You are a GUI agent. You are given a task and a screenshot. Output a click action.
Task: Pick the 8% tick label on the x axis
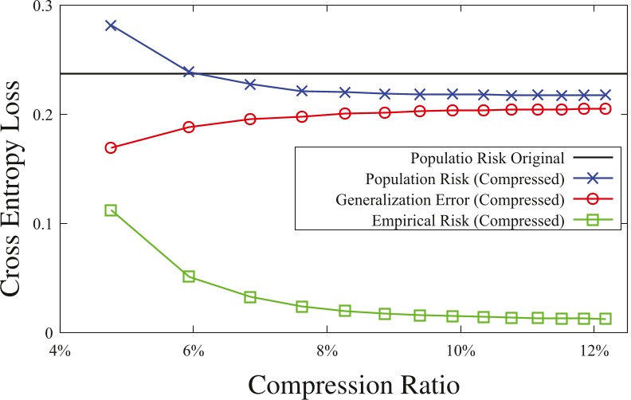[327, 349]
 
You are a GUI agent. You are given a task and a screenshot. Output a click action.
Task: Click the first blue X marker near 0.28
[111, 25]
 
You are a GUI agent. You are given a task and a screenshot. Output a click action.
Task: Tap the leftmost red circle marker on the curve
[111, 148]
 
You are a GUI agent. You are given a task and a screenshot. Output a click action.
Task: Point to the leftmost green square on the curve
[111, 210]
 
